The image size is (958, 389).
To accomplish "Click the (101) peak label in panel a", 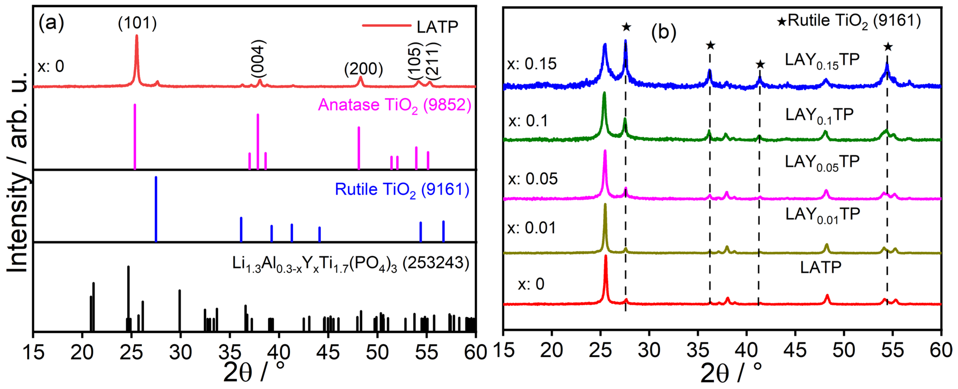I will pos(137,23).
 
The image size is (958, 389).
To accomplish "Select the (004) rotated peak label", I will pos(258,59).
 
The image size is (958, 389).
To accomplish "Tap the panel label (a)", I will pos(51,23).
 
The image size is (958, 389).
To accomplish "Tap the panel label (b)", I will pos(663,32).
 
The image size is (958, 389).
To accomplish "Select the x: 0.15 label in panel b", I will pos(532,64).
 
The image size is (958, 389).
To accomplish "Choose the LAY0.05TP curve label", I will pos(822,163).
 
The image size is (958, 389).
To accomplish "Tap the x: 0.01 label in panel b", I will pos(532,228).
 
